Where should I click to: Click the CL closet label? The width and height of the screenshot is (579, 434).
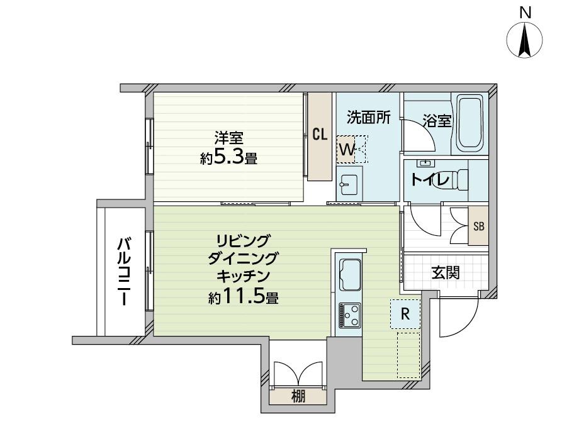[x=320, y=135]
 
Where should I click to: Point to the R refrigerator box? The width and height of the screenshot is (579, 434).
[x=405, y=314]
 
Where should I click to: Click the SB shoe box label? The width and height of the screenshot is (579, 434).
[x=478, y=226]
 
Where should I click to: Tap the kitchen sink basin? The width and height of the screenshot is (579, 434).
[x=350, y=275]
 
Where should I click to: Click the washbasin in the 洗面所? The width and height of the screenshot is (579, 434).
[x=347, y=184]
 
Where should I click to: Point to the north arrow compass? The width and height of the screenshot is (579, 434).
[x=525, y=41]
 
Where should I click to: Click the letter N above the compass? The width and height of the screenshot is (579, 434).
[x=525, y=13]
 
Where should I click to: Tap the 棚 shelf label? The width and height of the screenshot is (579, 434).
[x=298, y=397]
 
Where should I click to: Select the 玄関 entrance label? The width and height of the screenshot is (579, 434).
[x=446, y=273]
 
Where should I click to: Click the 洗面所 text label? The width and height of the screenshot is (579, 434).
[x=369, y=118]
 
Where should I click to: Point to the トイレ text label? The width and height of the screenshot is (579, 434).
[x=430, y=179]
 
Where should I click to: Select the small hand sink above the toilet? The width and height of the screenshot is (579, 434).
[x=426, y=163]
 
